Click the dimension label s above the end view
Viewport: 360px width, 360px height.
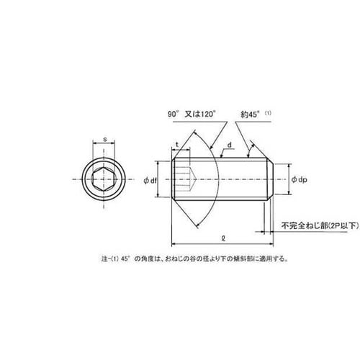tap(104, 139)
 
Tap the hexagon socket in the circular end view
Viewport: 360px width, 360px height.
tap(104, 179)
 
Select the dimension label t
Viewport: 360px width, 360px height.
tap(177, 145)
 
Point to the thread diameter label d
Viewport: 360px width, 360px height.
tap(230, 145)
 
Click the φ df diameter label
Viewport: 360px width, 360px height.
tap(150, 181)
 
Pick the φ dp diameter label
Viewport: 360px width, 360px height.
tap(299, 179)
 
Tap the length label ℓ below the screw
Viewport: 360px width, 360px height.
tap(223, 238)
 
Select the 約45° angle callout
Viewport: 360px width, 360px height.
tap(251, 114)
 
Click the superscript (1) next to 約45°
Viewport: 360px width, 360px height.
tap(268, 113)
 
